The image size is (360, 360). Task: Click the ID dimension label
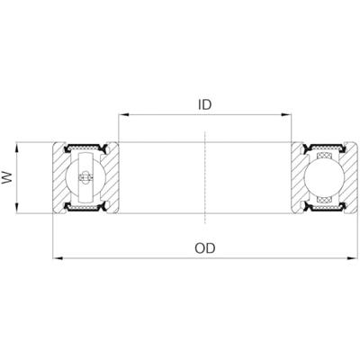click(205, 104)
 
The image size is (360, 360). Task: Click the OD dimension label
click(205, 248)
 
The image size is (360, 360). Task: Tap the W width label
click(7, 177)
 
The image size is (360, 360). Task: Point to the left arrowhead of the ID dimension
click(123, 114)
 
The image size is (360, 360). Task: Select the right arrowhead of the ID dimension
click(286, 114)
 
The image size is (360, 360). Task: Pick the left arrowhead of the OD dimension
click(58, 257)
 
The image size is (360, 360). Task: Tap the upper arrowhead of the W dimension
click(17, 148)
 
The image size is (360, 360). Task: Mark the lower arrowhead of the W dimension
click(17, 208)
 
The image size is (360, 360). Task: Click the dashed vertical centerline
click(204, 177)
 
